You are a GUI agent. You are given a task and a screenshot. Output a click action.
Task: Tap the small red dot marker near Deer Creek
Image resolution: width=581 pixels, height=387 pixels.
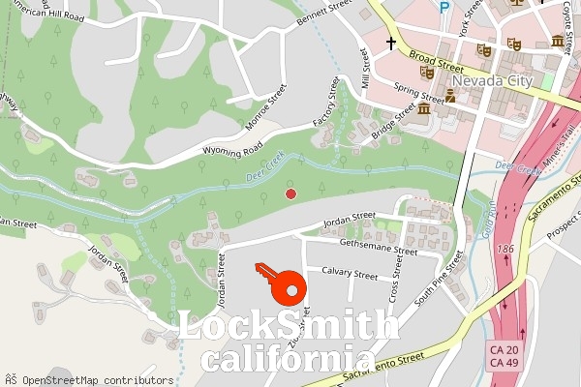(x=290, y=194)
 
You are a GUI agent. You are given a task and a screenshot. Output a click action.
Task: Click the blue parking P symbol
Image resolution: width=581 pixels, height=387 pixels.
(x=444, y=7)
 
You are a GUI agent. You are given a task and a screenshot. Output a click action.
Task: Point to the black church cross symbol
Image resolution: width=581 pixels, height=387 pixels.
(x=392, y=44)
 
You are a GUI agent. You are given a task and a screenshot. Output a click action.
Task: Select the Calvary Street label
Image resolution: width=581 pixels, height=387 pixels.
(x=349, y=273)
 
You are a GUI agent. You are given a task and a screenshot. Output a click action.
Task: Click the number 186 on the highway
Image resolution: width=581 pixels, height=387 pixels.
(x=504, y=250)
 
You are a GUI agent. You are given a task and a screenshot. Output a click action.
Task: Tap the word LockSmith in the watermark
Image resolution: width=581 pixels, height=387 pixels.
(x=289, y=327)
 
